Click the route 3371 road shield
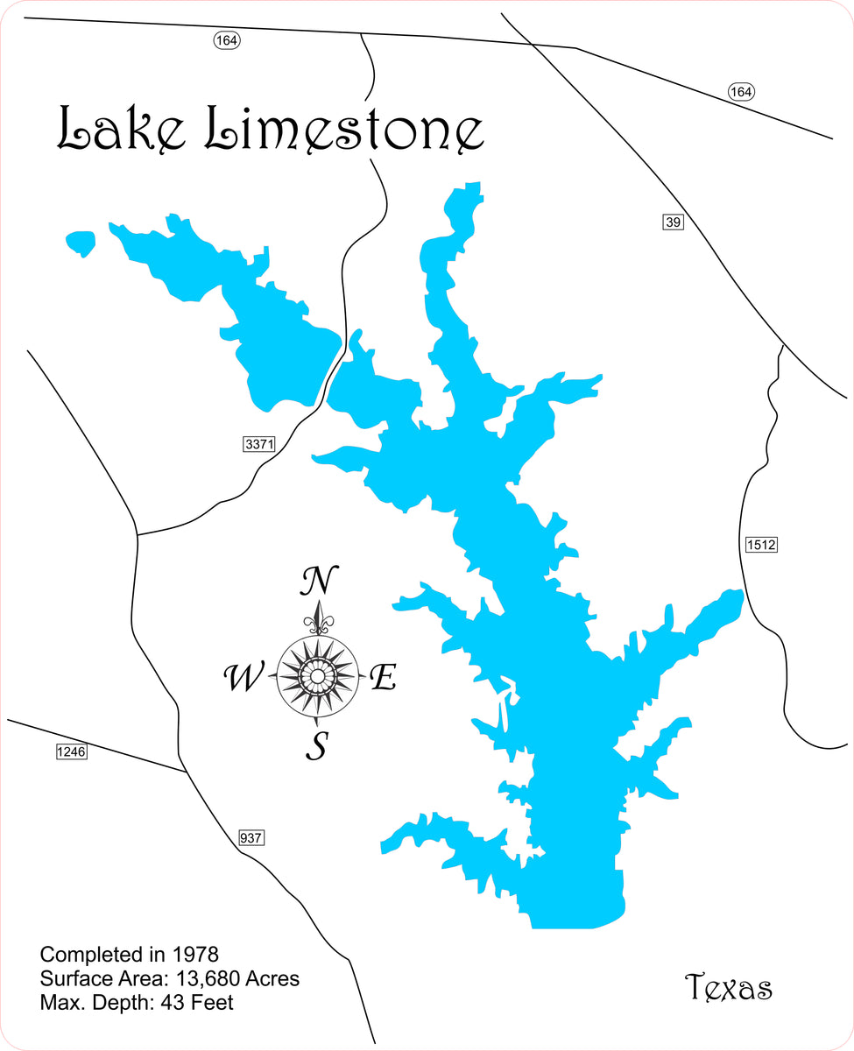tap(259, 445)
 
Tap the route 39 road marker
tap(672, 222)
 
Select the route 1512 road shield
tap(760, 545)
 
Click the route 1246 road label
tap(71, 751)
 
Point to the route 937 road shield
tap(251, 838)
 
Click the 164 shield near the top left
tap(226, 40)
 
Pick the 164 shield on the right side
tap(741, 92)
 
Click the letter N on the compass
tap(320, 580)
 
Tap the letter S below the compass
tap(317, 747)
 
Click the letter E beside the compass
tap(384, 677)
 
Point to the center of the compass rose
tap(316, 675)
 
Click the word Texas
tap(728, 988)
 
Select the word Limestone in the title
tap(343, 130)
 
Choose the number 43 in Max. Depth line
tap(173, 1003)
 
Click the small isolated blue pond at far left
tap(81, 243)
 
